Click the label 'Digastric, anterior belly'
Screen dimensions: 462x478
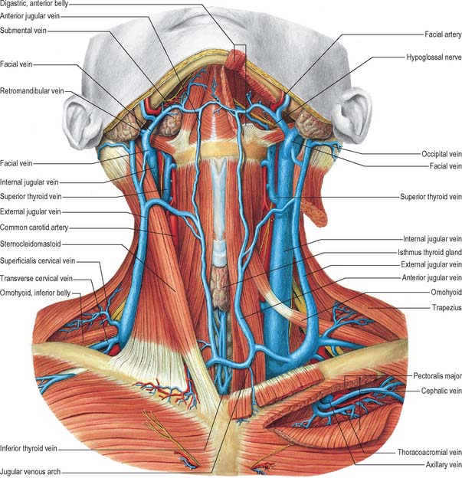(34, 4)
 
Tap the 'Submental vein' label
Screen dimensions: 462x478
(23, 30)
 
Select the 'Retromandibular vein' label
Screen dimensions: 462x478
(32, 91)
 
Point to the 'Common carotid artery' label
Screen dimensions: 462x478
(34, 228)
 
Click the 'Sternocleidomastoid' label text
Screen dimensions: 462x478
(31, 244)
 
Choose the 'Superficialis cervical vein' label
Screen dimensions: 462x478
(38, 261)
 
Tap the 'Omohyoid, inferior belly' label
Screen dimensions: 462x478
(35, 293)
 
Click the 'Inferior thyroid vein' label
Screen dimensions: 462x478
(28, 448)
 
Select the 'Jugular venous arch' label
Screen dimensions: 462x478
(30, 472)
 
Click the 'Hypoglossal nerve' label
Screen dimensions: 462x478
(434, 57)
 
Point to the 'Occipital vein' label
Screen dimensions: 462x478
(441, 154)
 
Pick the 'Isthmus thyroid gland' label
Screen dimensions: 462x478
(430, 253)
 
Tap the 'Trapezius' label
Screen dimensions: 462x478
(447, 307)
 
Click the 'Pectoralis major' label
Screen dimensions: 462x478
(437, 376)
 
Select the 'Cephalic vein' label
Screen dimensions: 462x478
(441, 391)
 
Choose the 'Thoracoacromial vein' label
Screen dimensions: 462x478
(429, 452)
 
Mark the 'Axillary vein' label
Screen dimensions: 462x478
(444, 465)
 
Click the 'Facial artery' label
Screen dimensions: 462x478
(443, 34)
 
